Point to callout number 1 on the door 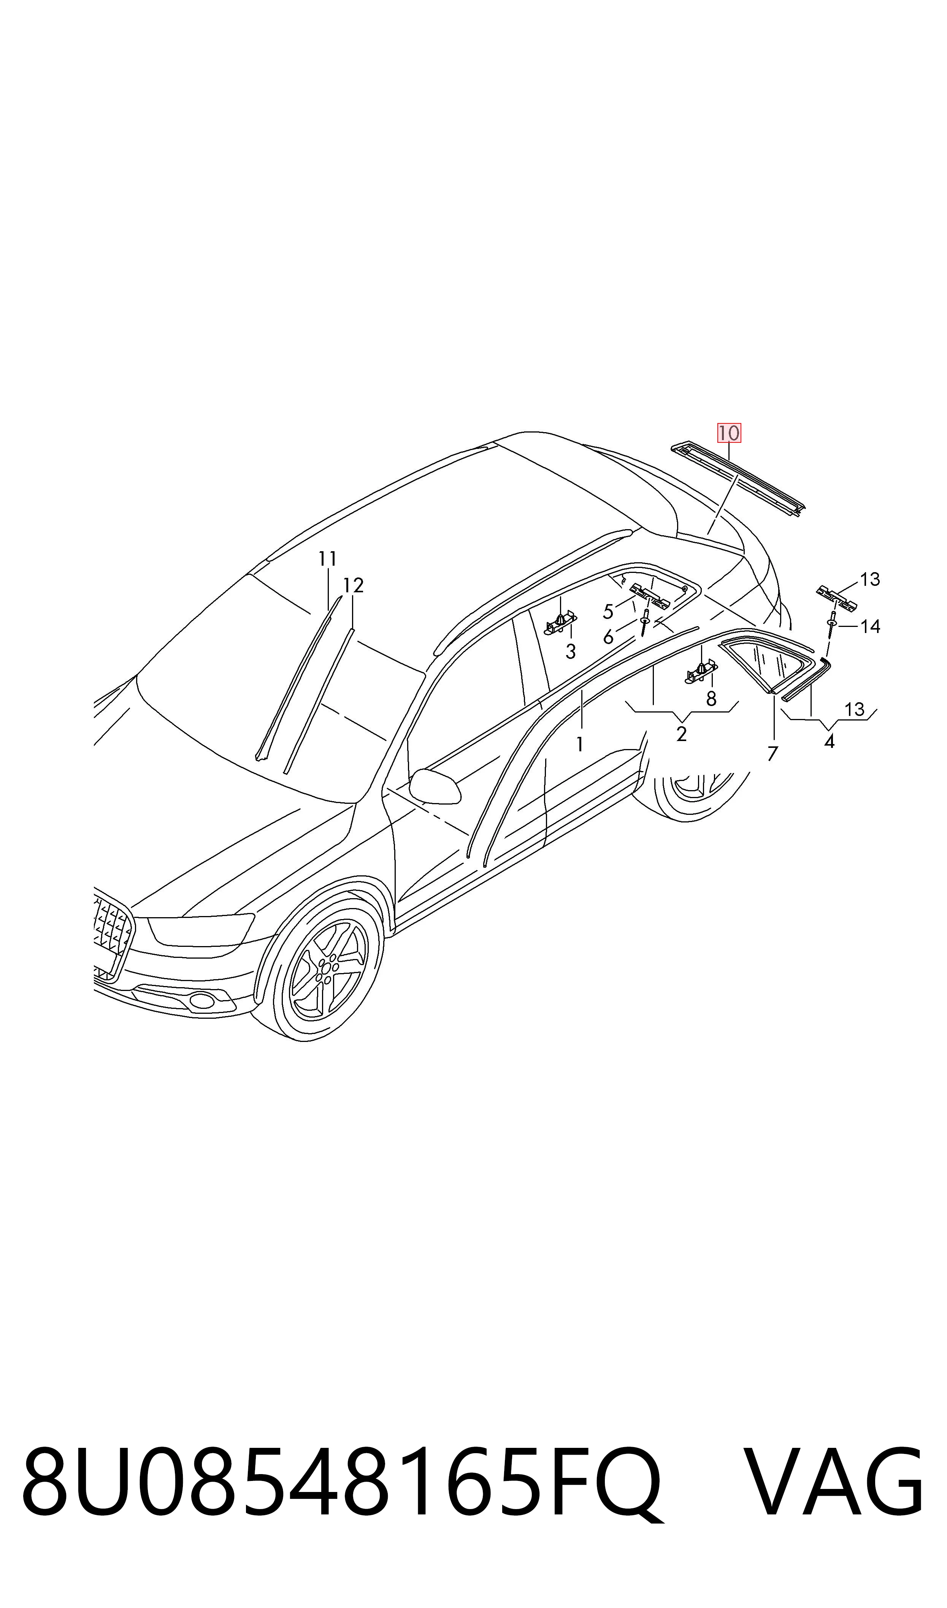[579, 744]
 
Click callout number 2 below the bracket [682, 734]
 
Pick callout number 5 [608, 612]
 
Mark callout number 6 [608, 637]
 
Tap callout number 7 [773, 754]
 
